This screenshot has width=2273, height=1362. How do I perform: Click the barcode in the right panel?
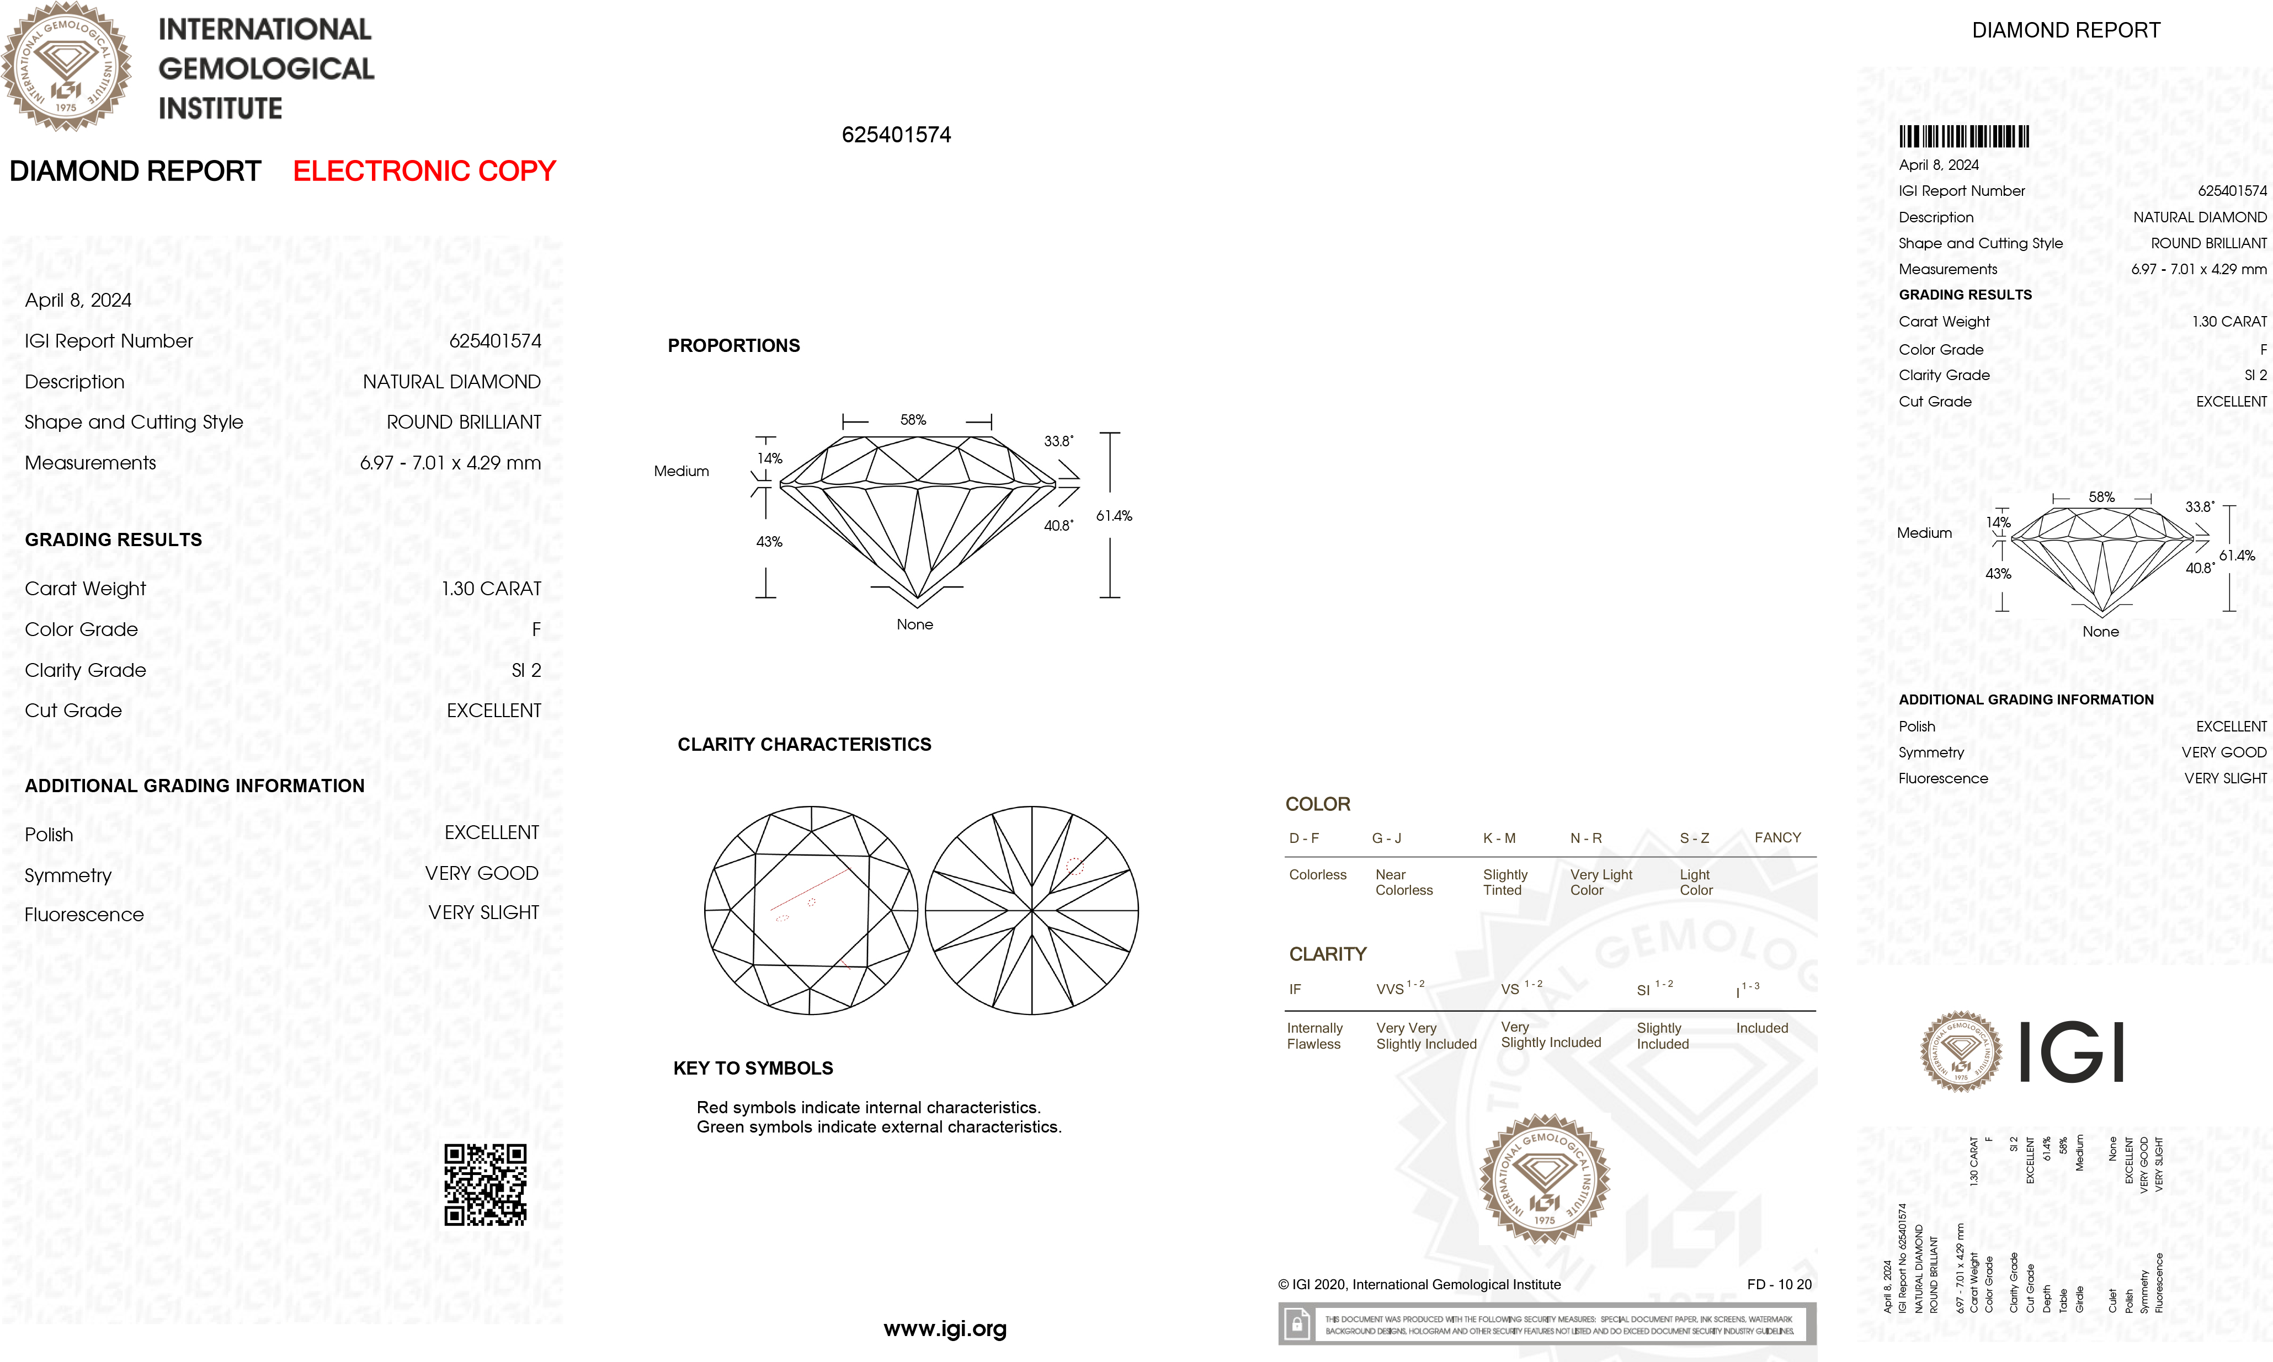click(x=1963, y=137)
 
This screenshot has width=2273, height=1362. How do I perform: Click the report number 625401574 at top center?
click(x=896, y=135)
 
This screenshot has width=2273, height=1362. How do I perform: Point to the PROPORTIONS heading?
click(x=733, y=346)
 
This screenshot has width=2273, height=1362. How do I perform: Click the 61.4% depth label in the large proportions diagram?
click(x=1114, y=516)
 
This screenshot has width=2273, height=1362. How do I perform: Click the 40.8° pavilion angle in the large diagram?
click(x=1057, y=526)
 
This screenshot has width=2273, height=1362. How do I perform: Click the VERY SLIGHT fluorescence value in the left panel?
click(x=484, y=912)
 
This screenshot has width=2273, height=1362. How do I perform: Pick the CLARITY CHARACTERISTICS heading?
click(x=804, y=744)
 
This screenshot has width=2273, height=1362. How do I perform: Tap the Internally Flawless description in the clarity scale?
click(x=1314, y=1036)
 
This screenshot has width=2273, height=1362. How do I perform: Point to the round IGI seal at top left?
click(x=66, y=67)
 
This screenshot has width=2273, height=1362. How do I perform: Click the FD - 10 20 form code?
click(x=1779, y=1284)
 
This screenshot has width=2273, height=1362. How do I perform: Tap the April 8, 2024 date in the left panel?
click(x=78, y=300)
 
